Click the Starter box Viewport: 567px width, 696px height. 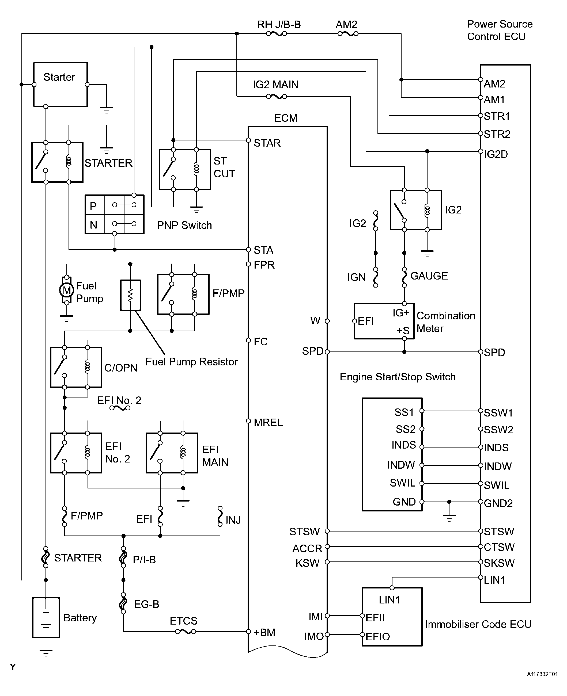[61, 84]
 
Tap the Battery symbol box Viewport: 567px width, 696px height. [46, 617]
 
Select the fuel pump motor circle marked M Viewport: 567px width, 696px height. [67, 290]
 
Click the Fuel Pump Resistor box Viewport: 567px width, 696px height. [131, 295]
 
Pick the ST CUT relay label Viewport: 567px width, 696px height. [224, 167]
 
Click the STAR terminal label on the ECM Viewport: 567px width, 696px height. [267, 143]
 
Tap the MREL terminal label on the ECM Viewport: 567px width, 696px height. [268, 423]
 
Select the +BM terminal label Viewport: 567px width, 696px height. [264, 632]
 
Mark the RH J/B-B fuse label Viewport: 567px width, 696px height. [279, 24]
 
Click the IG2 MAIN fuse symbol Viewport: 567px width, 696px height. [277, 97]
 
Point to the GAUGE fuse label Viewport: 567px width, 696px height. [429, 276]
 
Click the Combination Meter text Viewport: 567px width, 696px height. [445, 322]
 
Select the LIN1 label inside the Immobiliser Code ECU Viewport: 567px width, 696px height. [389, 600]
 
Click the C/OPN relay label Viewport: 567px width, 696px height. [121, 368]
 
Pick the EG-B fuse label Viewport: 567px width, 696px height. [146, 604]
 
